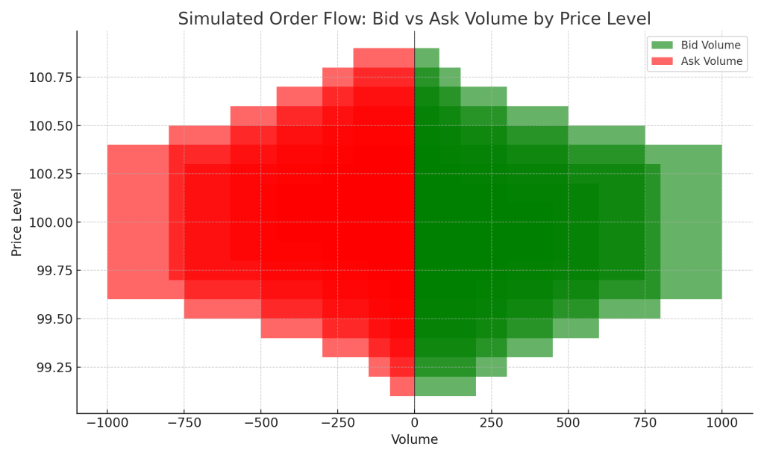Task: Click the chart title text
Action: (x=414, y=19)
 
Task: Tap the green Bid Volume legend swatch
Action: (x=661, y=46)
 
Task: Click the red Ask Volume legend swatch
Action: (x=661, y=61)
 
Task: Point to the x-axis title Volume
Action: (x=414, y=440)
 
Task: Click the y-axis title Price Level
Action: (x=17, y=222)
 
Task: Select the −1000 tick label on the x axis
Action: (x=107, y=423)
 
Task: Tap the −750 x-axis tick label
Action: (x=184, y=423)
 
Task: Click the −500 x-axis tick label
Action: (x=260, y=423)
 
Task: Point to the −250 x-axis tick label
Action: (x=337, y=423)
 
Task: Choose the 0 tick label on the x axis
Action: (x=415, y=423)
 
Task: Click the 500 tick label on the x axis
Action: (x=568, y=423)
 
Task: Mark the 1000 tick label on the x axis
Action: (x=721, y=423)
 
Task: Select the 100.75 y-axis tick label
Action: (x=51, y=78)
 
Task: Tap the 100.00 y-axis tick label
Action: (x=51, y=222)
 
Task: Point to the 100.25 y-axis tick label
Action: (x=51, y=174)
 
